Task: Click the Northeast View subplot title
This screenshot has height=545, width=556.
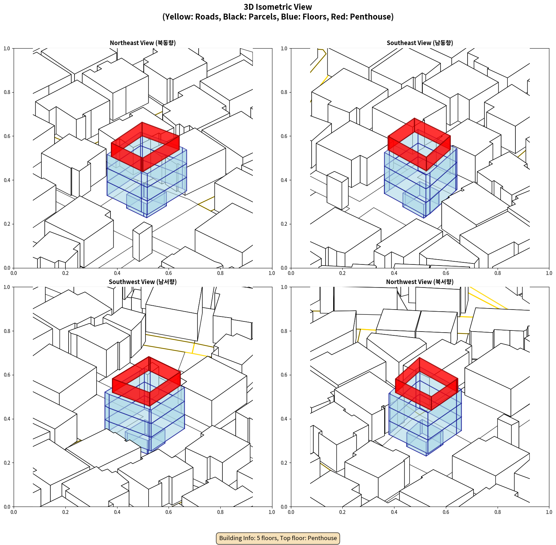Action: (x=143, y=43)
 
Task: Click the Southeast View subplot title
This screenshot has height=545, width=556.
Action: (x=420, y=43)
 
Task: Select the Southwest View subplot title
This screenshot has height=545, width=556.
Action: (x=143, y=282)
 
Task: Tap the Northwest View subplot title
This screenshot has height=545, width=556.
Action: (x=420, y=282)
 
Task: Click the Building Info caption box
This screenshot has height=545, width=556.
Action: (x=278, y=538)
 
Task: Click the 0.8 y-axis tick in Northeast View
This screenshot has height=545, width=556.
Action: (x=7, y=92)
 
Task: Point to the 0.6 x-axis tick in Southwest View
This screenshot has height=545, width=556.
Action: (x=169, y=512)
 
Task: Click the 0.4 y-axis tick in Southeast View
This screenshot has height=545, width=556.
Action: (x=284, y=180)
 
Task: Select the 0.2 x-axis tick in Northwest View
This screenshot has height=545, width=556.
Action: (x=342, y=512)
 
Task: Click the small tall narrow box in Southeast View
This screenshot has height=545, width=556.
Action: (x=337, y=190)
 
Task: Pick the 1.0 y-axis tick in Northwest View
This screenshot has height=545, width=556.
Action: (x=284, y=287)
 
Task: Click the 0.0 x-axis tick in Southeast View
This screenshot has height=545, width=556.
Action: (x=291, y=273)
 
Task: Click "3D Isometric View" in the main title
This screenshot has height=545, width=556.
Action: (x=278, y=7)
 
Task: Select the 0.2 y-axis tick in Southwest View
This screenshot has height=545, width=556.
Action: (x=7, y=463)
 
